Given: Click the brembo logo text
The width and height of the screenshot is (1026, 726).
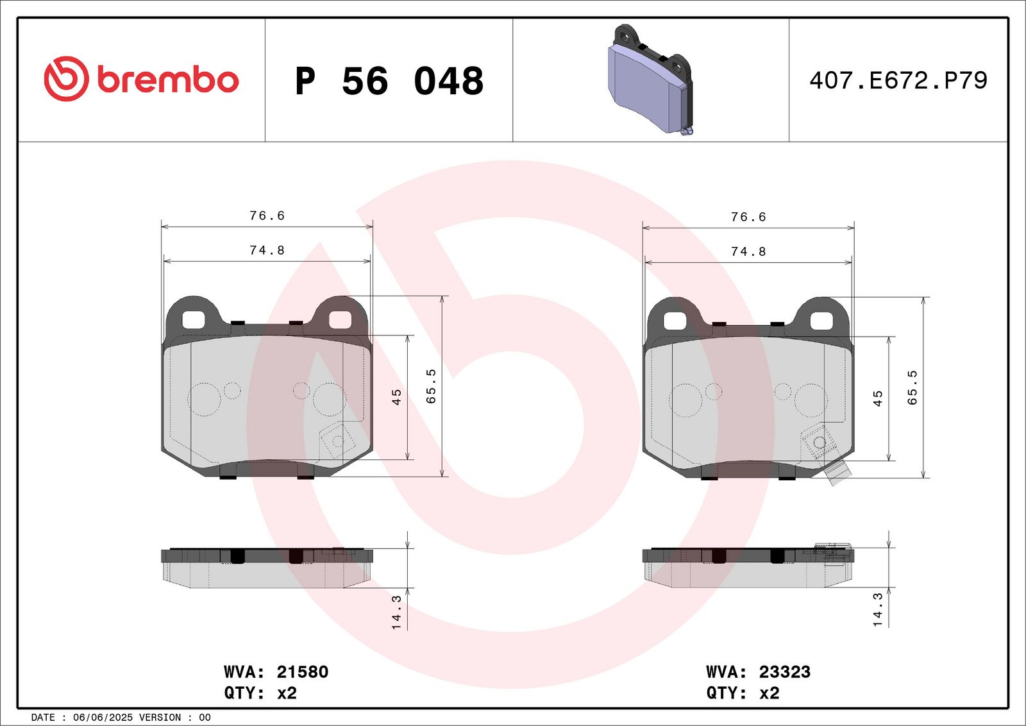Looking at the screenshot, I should pos(168,80).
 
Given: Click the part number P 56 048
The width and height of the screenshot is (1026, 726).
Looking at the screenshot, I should pos(389,81).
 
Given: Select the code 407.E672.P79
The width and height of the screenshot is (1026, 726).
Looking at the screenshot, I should pos(898,80).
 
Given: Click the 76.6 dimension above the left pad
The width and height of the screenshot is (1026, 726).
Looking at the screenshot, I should pos(267,215).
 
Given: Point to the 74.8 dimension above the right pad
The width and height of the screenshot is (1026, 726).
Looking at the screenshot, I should pos(748,251).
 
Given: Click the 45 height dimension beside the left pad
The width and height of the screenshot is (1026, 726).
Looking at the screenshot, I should pos(396,397).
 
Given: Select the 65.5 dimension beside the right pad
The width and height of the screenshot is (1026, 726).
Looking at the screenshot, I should pos(912,387).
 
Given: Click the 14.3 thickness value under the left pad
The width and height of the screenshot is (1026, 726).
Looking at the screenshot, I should pos(396,611).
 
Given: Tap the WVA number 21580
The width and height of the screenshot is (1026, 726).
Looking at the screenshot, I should pos(302,671).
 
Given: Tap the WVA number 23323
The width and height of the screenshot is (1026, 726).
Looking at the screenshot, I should pos(784,671).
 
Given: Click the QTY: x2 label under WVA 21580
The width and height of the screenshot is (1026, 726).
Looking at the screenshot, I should pos(260,693).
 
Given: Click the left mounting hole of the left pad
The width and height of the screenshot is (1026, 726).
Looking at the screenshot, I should pos(193,319).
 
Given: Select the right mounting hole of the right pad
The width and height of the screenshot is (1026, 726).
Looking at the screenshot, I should pos(821,320).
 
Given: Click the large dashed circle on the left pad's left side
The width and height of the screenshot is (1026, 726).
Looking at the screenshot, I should pos(204,399).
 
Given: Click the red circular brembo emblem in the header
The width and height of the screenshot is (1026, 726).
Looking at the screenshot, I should pos(66,79).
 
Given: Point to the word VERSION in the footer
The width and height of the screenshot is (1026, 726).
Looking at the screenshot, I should pos(160,717).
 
